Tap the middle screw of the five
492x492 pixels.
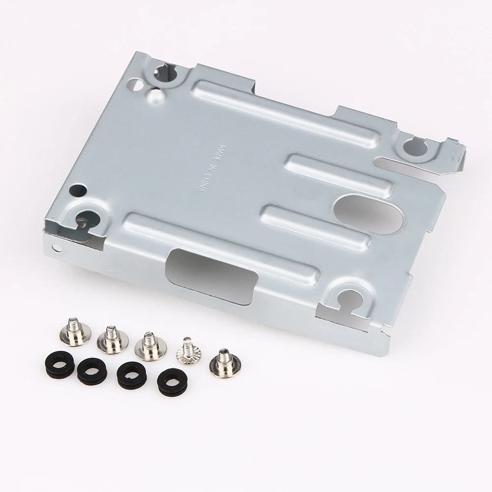[x=147, y=344]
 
